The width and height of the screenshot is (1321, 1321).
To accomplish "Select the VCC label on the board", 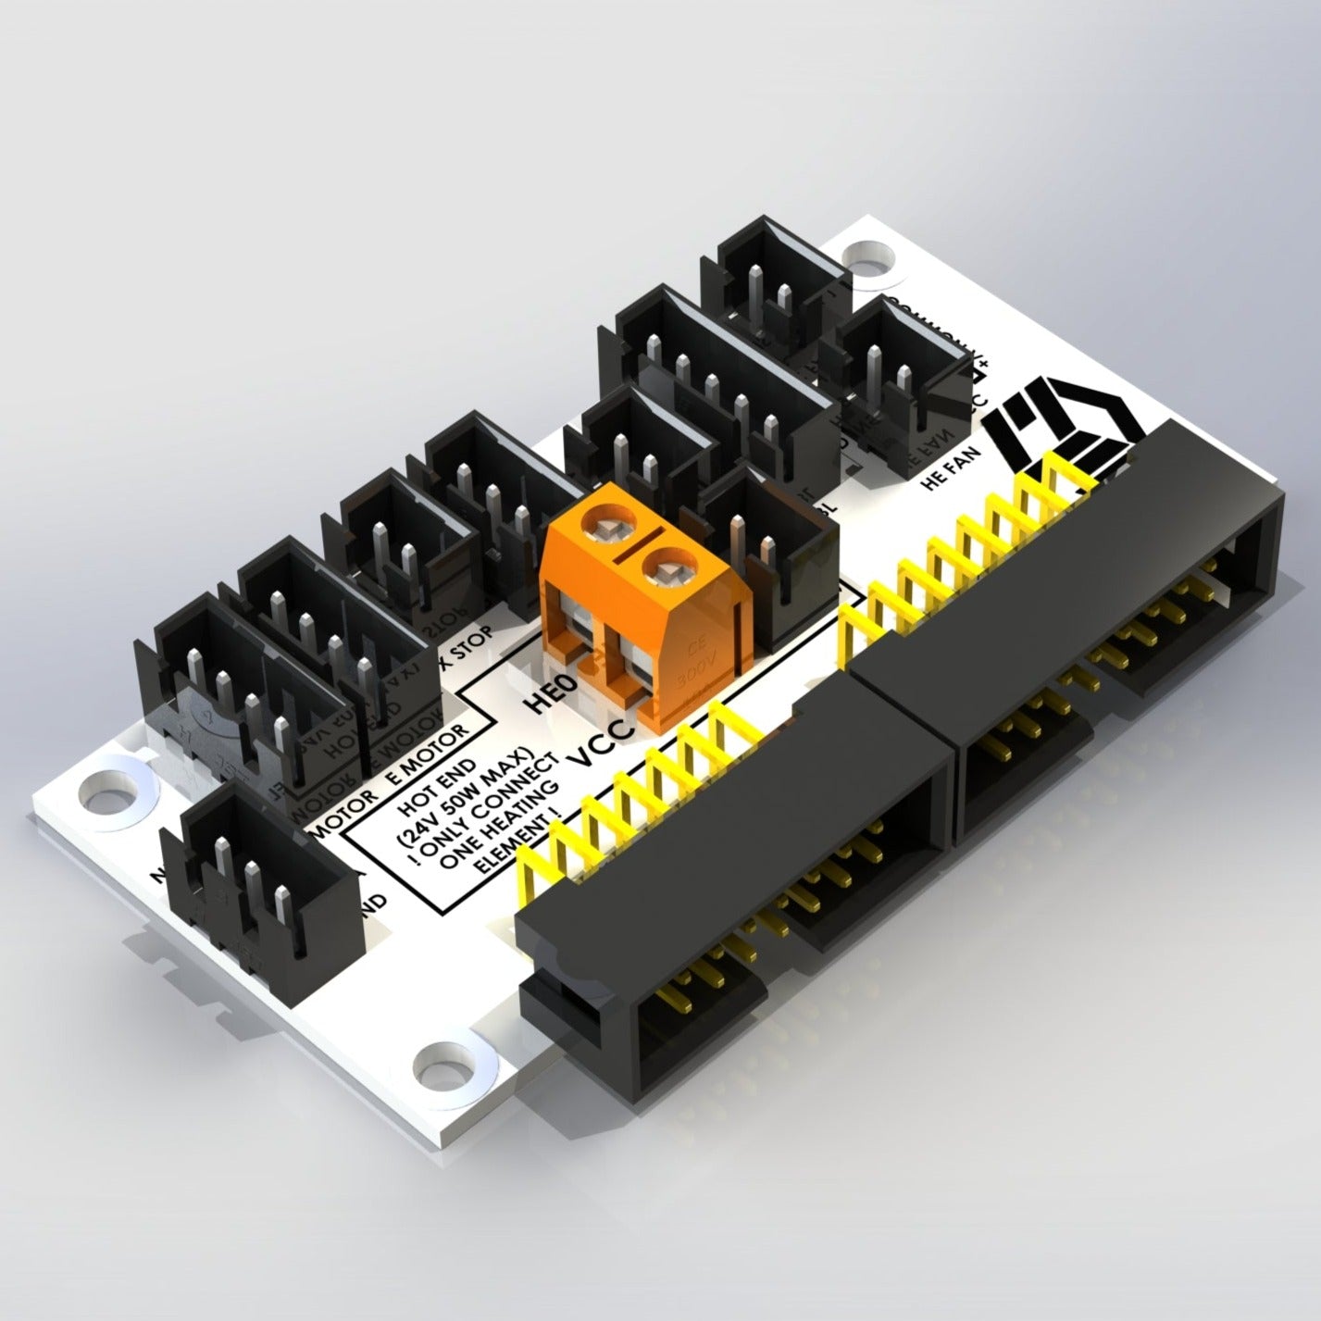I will tap(603, 742).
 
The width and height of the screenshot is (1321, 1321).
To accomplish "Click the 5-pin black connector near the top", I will tap(722, 375).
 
